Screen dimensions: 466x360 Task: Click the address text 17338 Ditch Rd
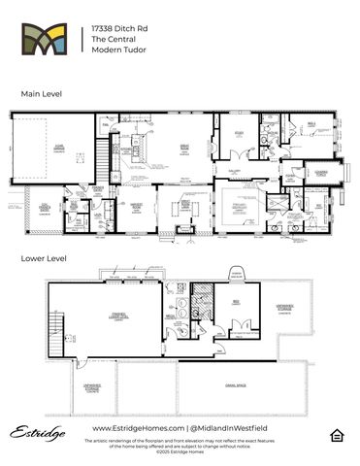tap(114, 29)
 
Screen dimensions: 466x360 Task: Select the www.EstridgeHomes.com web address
tap(133, 428)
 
